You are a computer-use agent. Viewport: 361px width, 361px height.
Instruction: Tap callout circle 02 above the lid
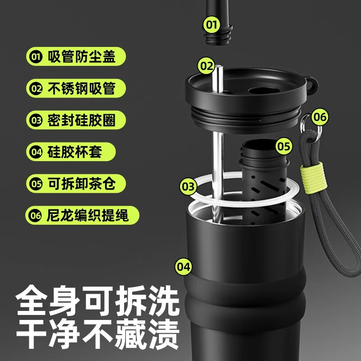pyautogui.click(x=207, y=66)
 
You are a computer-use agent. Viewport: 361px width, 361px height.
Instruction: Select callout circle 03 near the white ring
pyautogui.click(x=189, y=186)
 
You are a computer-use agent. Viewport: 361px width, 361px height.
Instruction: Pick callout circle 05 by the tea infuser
pyautogui.click(x=283, y=146)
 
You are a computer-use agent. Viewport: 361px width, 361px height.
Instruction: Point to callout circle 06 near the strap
pyautogui.click(x=319, y=117)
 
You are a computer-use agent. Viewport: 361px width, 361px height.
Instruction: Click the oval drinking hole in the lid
pyautogui.click(x=262, y=92)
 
